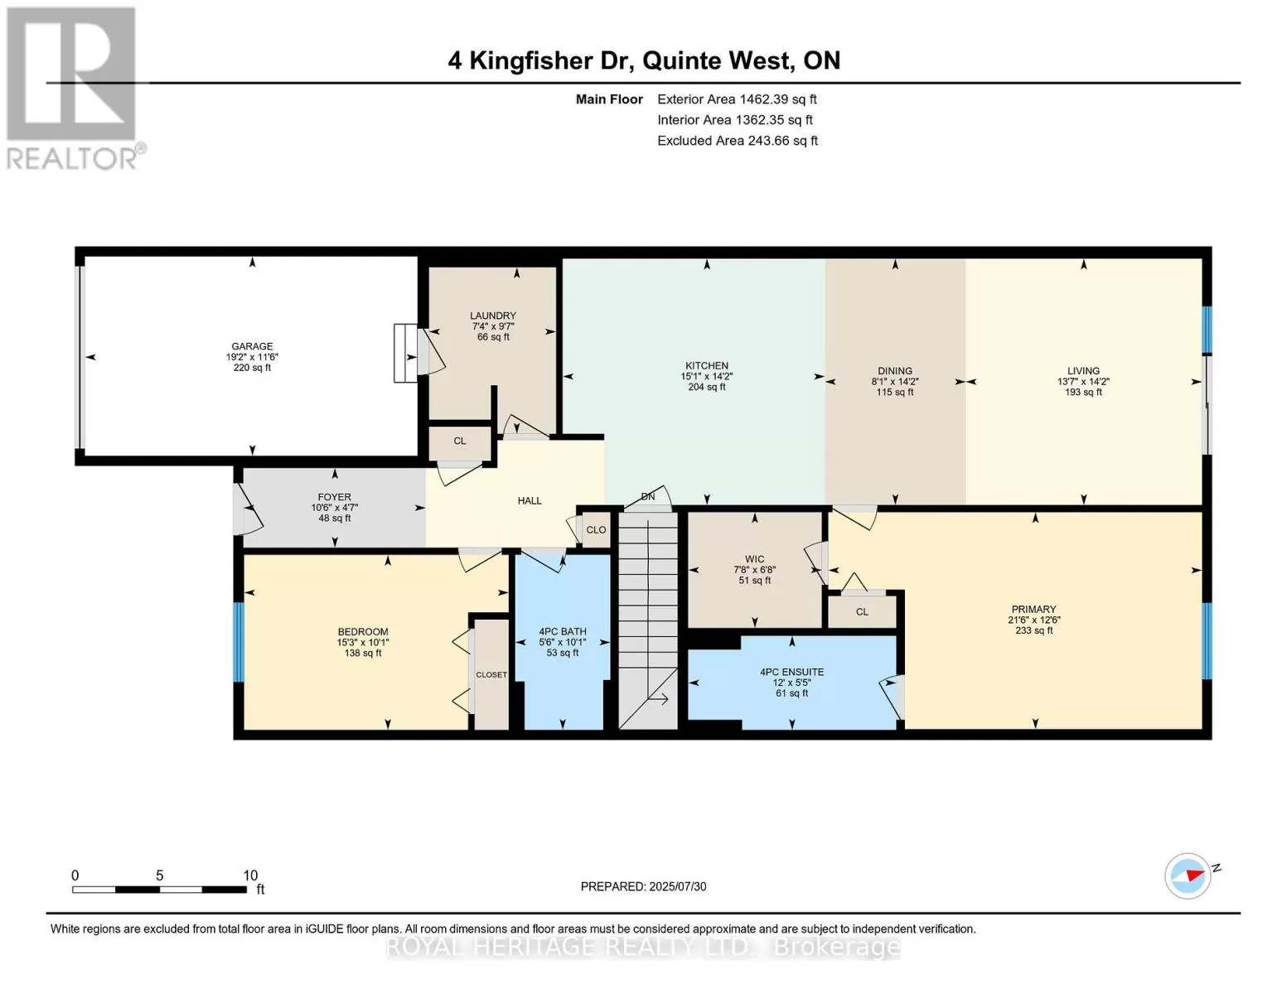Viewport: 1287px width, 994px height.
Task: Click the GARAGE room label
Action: click(252, 346)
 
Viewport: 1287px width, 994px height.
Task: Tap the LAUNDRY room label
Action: click(493, 316)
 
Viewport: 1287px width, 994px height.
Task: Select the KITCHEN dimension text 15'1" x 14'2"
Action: click(707, 376)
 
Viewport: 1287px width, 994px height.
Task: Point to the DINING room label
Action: click(895, 371)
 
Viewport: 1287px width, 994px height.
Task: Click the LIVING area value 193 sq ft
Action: click(1083, 392)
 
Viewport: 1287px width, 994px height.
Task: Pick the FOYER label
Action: click(334, 497)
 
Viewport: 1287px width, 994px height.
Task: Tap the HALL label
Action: click(530, 501)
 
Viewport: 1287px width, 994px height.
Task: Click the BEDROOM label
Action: click(363, 632)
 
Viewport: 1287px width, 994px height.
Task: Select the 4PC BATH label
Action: click(563, 632)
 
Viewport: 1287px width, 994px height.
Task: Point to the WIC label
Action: click(755, 559)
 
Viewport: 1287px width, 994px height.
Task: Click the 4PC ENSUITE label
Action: click(792, 672)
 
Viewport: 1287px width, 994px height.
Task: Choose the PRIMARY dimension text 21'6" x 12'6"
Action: click(1034, 620)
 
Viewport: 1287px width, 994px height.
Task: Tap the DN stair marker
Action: click(648, 496)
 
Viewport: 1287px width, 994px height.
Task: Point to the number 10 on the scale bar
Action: click(250, 876)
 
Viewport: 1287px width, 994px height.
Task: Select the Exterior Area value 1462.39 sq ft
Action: click(776, 99)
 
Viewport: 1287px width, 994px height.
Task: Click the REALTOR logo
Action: click(74, 89)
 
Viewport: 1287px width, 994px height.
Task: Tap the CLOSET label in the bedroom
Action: click(491, 674)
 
